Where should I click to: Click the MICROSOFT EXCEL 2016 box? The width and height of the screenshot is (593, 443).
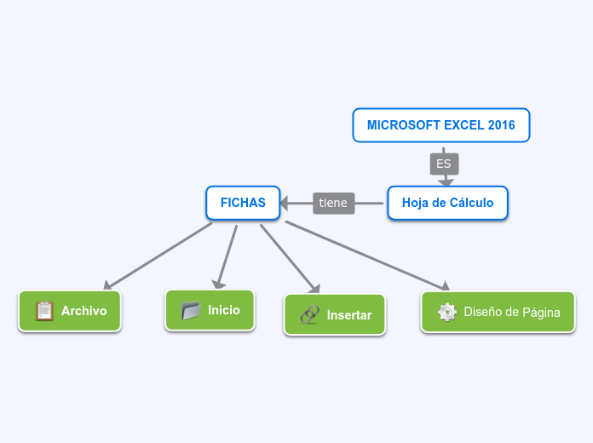point(440,125)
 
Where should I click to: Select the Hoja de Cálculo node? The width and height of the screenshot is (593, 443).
point(447,203)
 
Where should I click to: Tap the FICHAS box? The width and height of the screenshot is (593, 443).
point(243,203)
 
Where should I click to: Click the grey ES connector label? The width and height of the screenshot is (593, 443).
point(444,164)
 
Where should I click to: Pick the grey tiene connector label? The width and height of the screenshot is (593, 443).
point(333,203)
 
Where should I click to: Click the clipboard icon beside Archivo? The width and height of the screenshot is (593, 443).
point(44,311)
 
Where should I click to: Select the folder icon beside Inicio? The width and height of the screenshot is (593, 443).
point(191,310)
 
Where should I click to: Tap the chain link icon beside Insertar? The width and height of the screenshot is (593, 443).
point(309,314)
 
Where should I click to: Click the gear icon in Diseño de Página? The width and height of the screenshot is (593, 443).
point(447,312)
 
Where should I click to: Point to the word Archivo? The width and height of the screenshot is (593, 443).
point(83,311)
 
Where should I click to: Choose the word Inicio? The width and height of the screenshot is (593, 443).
point(224,310)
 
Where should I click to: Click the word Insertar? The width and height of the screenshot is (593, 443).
point(349,315)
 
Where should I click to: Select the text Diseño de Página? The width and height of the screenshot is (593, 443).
point(512,312)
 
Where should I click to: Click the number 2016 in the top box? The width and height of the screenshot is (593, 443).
point(501,125)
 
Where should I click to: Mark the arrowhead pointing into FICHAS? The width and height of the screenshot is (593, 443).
point(285,203)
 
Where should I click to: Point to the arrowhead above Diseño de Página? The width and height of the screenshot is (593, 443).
point(443,287)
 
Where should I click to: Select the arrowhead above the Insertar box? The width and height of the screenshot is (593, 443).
point(314,289)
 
